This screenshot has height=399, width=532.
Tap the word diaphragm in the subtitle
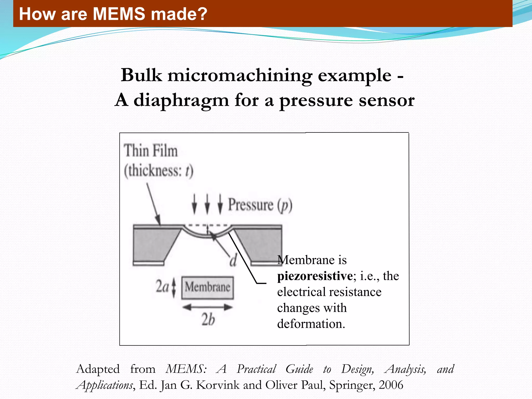181,100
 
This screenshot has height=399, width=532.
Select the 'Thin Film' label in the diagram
151,151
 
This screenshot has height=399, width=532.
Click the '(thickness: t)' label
158,171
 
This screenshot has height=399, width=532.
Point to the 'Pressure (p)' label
260,205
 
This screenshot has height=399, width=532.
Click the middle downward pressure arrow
207,204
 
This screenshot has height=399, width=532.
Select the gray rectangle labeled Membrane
207,287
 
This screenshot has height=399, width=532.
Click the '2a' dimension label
162,287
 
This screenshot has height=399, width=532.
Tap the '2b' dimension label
208,319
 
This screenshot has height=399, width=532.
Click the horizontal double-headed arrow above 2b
207,307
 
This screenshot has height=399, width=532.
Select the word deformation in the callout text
311,324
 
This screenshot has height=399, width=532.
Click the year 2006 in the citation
391,385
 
